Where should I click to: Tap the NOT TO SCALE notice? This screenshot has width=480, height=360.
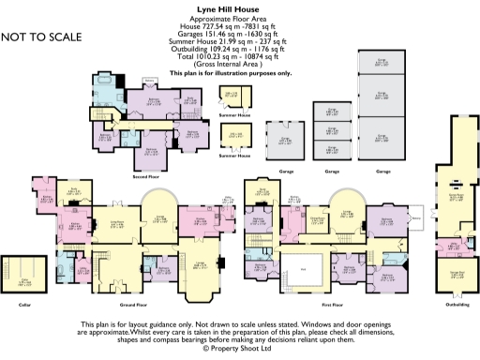41,37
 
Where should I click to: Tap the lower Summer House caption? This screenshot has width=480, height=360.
234,155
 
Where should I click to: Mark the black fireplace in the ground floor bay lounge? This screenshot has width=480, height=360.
221,266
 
